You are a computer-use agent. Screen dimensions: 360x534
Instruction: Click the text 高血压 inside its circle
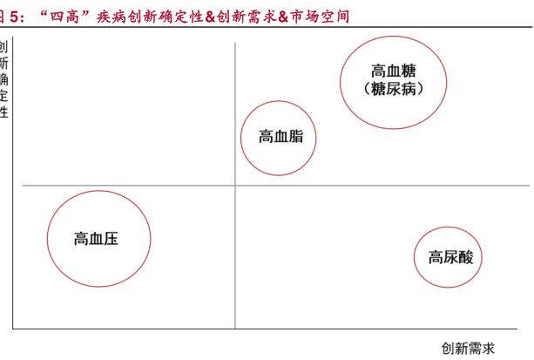(x=96, y=239)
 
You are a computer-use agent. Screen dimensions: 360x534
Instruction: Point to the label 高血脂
(x=281, y=137)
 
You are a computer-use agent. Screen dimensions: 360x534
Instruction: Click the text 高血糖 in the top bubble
(x=392, y=71)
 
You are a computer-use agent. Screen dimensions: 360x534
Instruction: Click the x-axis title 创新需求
(x=469, y=349)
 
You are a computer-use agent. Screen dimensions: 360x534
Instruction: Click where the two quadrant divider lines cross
(x=234, y=186)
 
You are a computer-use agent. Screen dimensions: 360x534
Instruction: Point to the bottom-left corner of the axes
(x=12, y=329)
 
